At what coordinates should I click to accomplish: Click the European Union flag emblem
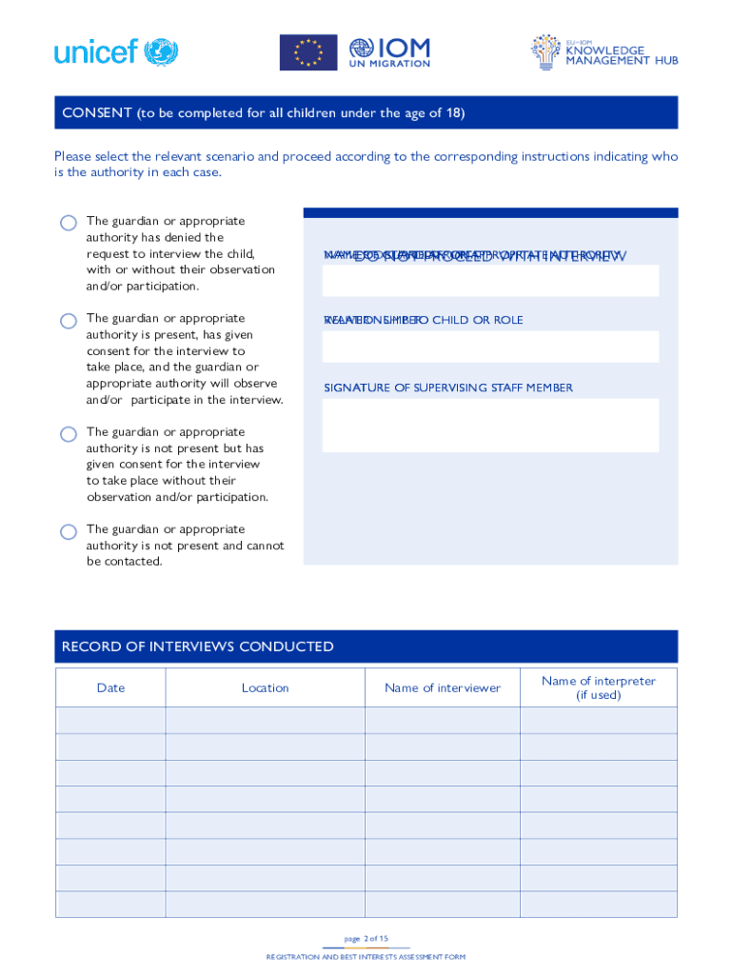tap(307, 52)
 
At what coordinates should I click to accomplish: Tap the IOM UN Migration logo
tap(389, 52)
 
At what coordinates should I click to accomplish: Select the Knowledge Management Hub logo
tap(604, 52)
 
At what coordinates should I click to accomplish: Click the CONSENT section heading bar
tap(366, 112)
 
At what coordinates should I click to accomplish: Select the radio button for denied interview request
tap(69, 223)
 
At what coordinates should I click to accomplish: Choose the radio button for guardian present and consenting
tap(69, 321)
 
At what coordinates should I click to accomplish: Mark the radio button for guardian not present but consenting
tap(69, 434)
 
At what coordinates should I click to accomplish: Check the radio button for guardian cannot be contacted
tap(69, 531)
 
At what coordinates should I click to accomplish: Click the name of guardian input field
tap(490, 281)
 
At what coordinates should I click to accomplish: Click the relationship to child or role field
tap(490, 347)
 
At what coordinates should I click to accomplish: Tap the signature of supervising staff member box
tap(490, 425)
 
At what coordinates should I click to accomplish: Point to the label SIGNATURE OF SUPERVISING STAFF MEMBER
tap(448, 388)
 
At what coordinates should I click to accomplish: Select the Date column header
tap(110, 687)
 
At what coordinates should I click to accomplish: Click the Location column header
tap(265, 687)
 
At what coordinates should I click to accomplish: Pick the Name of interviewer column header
tap(442, 687)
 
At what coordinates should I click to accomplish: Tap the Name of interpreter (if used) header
tap(598, 687)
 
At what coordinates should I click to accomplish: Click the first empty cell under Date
tap(110, 720)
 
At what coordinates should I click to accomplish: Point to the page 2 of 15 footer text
tap(366, 938)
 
